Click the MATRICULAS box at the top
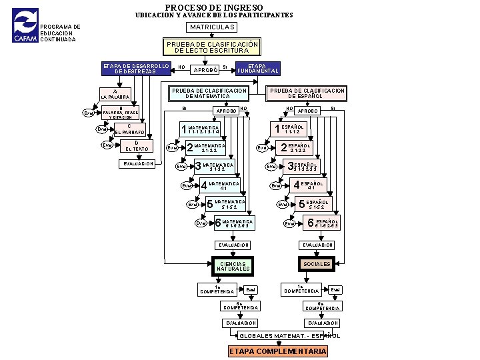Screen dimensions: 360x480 [x=212, y=27]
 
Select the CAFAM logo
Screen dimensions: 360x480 [x=26, y=26]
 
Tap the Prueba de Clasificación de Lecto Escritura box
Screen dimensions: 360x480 [x=212, y=47]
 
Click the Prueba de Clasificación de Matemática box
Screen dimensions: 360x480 [x=209, y=93]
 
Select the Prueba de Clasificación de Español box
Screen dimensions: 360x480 [x=307, y=93]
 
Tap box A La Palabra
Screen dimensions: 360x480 [x=115, y=95]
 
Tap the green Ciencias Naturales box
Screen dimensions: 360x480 [x=233, y=265]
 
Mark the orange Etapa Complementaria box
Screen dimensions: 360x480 [x=278, y=351]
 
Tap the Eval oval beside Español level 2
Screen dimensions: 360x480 [x=264, y=148]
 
